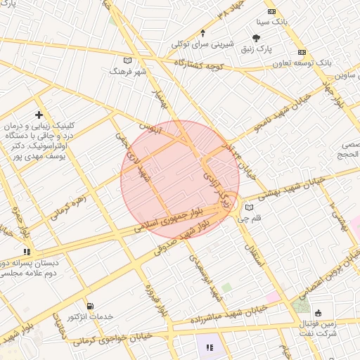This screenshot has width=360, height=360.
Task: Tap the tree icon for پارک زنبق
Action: (x=257, y=39)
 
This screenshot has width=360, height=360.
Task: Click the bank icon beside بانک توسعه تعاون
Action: (x=302, y=52)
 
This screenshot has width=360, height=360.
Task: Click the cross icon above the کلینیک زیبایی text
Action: (x=39, y=115)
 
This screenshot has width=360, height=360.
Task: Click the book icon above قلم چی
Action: (x=250, y=207)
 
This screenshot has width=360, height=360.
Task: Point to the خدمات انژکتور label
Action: (x=89, y=317)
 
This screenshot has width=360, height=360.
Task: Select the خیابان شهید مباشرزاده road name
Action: (x=230, y=316)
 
